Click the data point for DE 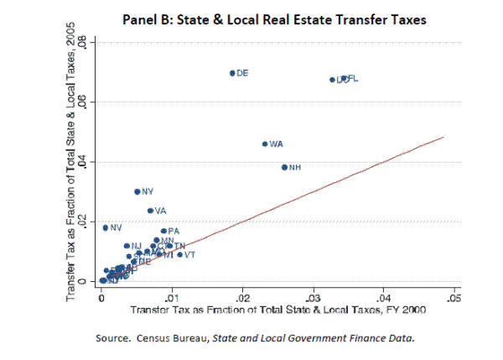(232, 73)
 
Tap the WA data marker (265, 143)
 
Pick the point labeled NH (284, 167)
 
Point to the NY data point (137, 191)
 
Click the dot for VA (150, 211)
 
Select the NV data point (106, 227)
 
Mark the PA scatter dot (163, 231)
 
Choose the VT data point (179, 254)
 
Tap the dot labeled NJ (127, 246)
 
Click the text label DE (243, 74)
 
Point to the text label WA (277, 144)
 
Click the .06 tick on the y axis (92, 102)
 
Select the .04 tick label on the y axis (92, 162)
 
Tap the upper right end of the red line (442, 137)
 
